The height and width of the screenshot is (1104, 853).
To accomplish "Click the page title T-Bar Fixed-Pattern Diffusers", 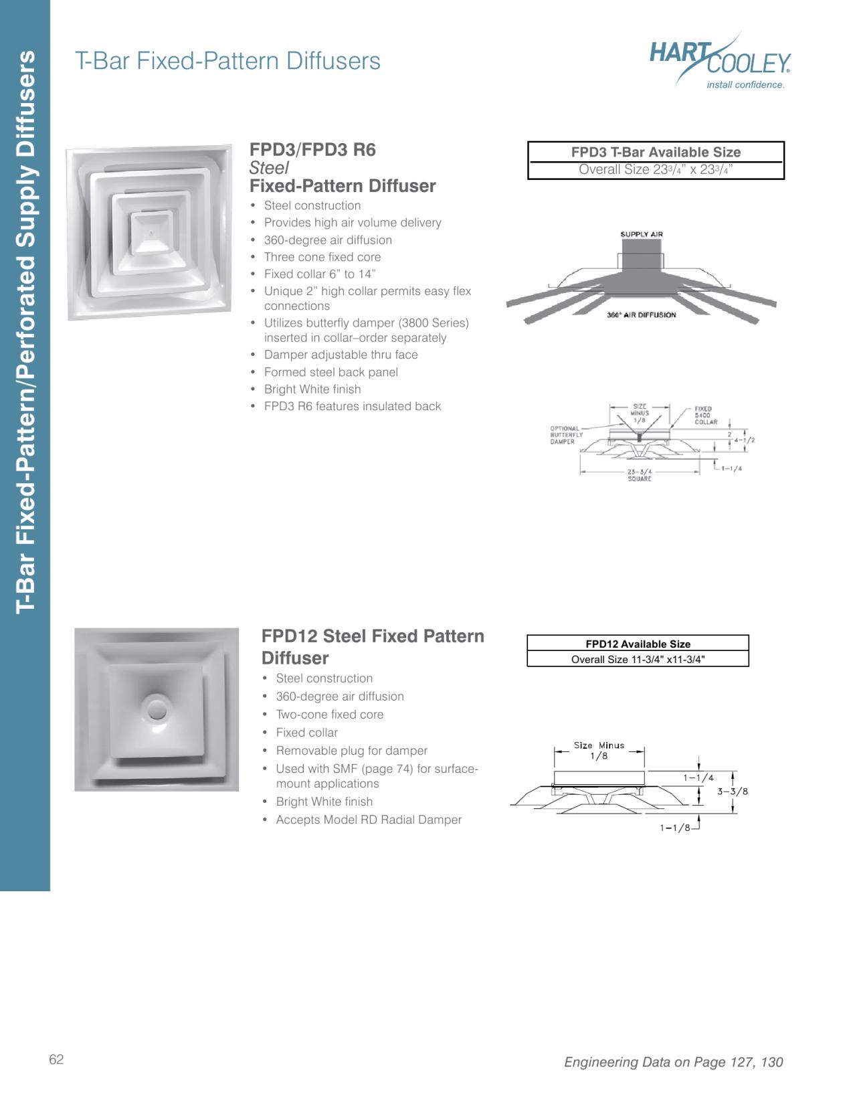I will click(x=227, y=61).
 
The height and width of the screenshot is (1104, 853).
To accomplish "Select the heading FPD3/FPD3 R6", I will click(x=312, y=149).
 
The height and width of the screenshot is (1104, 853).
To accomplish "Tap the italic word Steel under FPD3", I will click(x=269, y=167).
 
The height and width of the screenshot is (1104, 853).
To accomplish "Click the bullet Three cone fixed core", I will click(x=322, y=257).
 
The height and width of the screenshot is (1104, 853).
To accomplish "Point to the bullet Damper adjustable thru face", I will click(x=340, y=355).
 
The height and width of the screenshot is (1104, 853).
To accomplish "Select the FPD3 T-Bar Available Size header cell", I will click(x=656, y=152).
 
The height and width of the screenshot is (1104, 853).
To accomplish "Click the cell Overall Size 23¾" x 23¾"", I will click(x=656, y=170).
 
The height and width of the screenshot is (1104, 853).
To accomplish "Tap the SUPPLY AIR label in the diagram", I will click(x=641, y=234).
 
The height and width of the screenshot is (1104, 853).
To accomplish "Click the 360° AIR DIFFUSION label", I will click(x=641, y=314).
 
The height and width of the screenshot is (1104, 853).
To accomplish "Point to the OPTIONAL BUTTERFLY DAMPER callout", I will click(x=565, y=435).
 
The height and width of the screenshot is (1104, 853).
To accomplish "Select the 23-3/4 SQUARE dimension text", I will click(x=640, y=475).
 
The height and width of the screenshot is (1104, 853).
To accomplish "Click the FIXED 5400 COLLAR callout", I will click(x=705, y=416).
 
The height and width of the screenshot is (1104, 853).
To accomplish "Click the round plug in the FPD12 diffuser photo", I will click(x=157, y=709).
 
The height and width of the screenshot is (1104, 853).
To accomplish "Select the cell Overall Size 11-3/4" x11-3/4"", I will click(x=638, y=659).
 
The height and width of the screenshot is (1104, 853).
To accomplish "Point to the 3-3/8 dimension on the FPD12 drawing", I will click(x=733, y=792).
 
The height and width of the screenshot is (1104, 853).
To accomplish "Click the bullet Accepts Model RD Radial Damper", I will click(x=368, y=820).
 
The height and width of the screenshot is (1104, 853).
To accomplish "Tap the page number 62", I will click(x=56, y=1059).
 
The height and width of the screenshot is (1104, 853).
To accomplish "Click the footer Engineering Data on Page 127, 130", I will click(x=673, y=1062).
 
